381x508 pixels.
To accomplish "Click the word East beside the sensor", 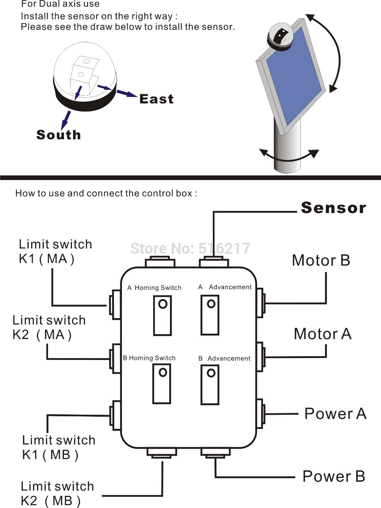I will (156, 99).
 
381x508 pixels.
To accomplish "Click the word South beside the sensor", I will (59, 135).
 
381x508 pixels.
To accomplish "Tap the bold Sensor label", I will (333, 208).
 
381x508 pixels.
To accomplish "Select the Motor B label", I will (321, 261).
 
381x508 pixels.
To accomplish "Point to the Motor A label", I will (322, 334).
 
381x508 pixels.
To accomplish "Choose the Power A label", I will (335, 414).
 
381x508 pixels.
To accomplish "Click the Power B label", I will (334, 476).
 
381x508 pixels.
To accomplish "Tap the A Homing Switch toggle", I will (162, 315).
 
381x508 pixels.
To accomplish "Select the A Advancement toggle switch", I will (210, 315).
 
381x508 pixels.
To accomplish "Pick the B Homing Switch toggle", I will (162, 384).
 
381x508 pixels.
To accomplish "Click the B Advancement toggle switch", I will (210, 385).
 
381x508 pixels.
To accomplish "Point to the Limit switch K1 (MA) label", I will (55, 251).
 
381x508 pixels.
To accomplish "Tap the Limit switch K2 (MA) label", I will (49, 327).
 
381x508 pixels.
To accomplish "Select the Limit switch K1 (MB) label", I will (58, 447).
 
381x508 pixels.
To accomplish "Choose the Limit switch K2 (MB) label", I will (57, 493).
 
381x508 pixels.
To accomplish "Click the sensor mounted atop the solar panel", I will (280, 36).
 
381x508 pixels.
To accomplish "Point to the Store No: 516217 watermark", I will (190, 248).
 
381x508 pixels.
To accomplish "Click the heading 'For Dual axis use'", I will (60, 4).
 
